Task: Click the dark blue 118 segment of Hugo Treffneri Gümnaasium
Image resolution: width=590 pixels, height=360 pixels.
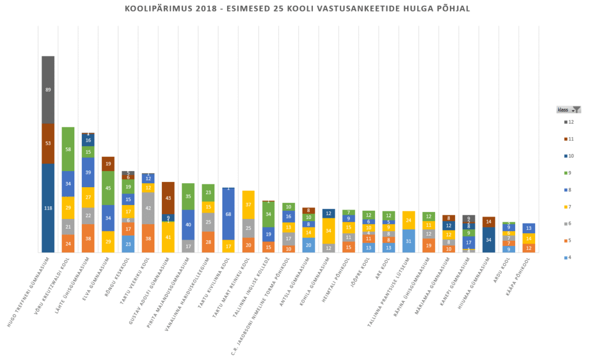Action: [48, 208]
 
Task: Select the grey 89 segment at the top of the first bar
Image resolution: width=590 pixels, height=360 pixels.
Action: [48, 90]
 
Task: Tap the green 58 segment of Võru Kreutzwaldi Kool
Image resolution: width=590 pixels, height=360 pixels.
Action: [68, 149]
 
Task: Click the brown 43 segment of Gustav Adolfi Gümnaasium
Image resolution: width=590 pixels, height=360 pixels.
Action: [168, 198]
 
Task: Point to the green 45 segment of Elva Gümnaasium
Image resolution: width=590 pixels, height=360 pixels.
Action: [108, 188]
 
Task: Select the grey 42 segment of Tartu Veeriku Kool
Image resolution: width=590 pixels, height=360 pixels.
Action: [148, 208]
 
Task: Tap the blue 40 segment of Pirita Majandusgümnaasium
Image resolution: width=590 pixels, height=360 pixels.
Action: [188, 225]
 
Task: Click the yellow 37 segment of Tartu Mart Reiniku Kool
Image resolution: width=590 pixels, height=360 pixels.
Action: [248, 204]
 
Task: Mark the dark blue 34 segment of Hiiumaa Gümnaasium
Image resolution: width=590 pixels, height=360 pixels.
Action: [489, 240]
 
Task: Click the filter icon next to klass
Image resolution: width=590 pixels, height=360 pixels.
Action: [577, 109]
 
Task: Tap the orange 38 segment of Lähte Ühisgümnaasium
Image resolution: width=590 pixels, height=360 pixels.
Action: [88, 238]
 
